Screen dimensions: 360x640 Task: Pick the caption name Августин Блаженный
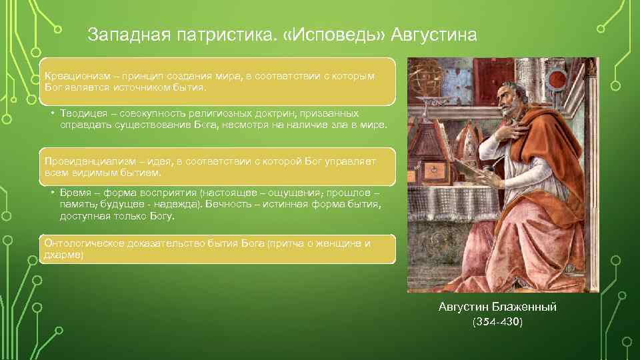497,307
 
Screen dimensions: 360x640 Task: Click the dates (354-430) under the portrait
497,322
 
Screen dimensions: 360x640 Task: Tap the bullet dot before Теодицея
51,114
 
